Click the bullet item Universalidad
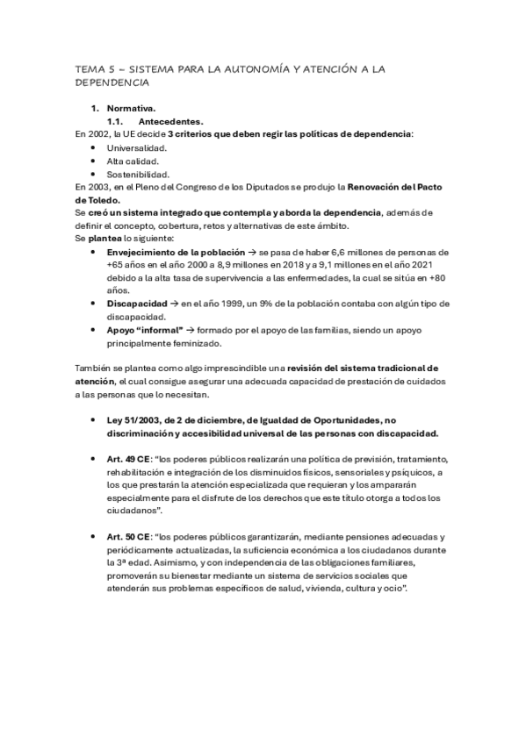[137, 147]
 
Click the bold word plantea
[106, 238]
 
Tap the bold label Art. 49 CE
[128, 459]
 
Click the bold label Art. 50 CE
[128, 536]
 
